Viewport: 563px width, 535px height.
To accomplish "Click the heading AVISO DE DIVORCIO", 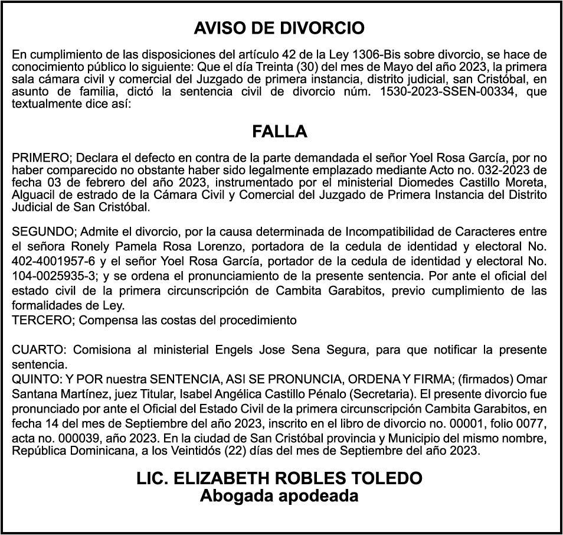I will click(279, 28).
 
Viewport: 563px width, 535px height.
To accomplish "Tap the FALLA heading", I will click(280, 132).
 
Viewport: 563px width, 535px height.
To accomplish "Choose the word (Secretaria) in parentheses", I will click(387, 393).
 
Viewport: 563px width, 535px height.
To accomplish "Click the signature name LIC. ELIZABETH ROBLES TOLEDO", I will click(279, 478).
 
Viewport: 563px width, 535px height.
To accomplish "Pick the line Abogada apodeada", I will click(279, 495).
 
